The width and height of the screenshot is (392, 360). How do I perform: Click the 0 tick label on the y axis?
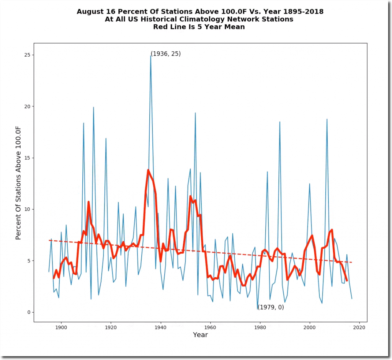point(28,312)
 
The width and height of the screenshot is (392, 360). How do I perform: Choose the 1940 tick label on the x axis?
point(160,327)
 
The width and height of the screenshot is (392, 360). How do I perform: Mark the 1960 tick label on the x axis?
point(210,327)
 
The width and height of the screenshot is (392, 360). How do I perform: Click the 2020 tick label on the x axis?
point(359,327)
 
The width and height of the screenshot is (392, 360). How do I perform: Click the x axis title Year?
point(200,335)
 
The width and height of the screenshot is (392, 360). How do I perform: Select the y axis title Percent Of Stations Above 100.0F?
point(18,184)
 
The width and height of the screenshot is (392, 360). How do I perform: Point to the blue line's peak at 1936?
point(151,56)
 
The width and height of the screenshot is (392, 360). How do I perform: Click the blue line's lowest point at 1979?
point(258,309)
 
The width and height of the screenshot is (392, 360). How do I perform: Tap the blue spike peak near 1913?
point(93,108)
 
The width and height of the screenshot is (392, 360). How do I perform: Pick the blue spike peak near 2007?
point(327,119)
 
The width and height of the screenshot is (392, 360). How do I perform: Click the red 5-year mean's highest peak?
point(148,170)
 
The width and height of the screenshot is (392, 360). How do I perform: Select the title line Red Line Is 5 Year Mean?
point(199,27)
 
